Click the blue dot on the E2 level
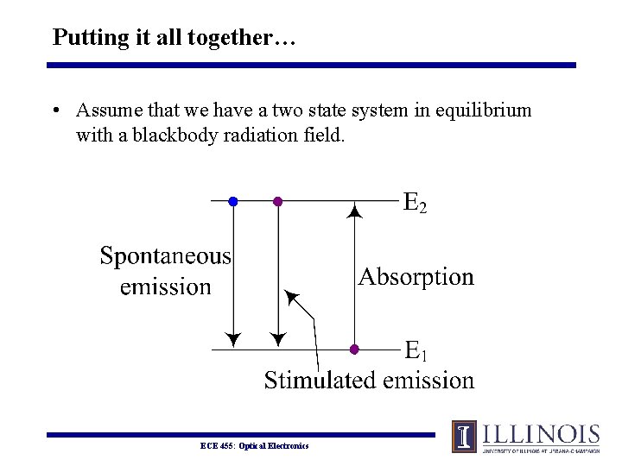[232, 201]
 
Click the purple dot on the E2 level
[277, 201]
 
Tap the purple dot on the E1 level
[354, 349]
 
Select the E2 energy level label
[416, 203]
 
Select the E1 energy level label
[416, 350]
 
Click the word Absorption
[416, 277]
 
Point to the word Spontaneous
[166, 256]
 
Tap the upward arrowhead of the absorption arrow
[354, 209]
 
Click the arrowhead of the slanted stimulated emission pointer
[290, 298]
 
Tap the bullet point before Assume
[54, 111]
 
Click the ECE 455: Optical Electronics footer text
[254, 445]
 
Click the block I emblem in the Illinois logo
[464, 437]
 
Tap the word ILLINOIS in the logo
[541, 434]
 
